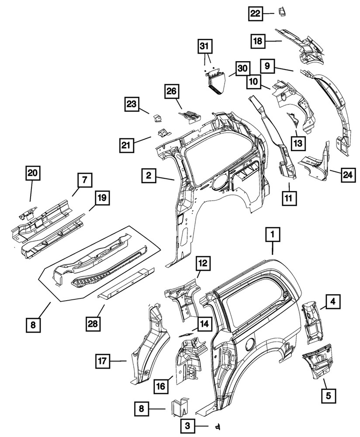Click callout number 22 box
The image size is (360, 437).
click(x=255, y=14)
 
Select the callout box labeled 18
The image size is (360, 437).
click(x=258, y=42)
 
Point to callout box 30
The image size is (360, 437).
click(x=243, y=68)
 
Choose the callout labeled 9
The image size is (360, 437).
click(x=267, y=66)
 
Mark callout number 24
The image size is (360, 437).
click(x=347, y=175)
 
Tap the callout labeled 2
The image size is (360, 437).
click(x=149, y=176)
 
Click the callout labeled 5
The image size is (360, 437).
click(x=329, y=396)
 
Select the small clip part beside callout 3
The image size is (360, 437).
click(x=216, y=426)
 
